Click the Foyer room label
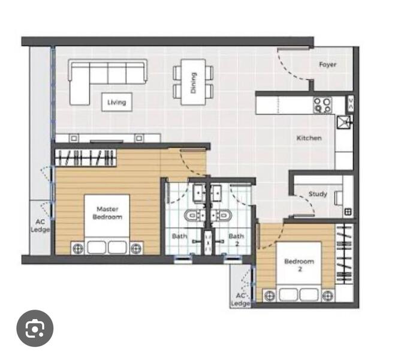click(x=328, y=65)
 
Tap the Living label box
click(x=117, y=102)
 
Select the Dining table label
click(x=194, y=83)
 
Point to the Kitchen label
click(x=309, y=138)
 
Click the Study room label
click(x=318, y=194)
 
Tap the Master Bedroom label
click(x=107, y=213)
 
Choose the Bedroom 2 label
click(x=299, y=265)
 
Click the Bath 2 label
click(x=236, y=239)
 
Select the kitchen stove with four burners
click(x=322, y=105)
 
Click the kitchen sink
click(x=344, y=122)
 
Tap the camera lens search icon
click(x=35, y=328)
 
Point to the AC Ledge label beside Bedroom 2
click(x=240, y=299)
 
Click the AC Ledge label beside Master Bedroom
click(x=40, y=226)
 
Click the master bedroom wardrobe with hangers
click(x=86, y=158)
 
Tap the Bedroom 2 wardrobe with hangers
click(x=344, y=254)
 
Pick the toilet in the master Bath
click(x=194, y=215)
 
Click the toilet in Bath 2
click(x=221, y=215)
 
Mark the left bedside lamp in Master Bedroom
click(x=78, y=248)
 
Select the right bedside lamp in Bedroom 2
click(x=328, y=296)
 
